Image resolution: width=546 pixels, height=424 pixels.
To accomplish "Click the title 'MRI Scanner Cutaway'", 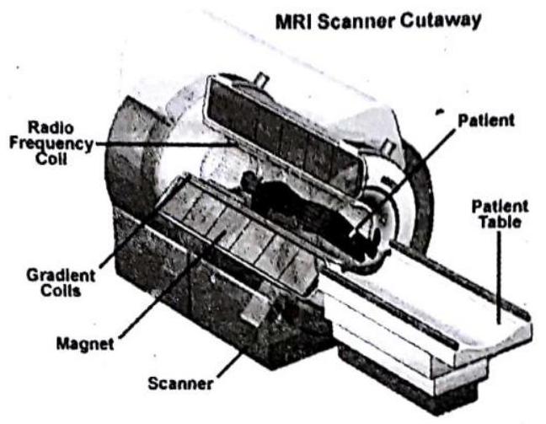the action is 378,22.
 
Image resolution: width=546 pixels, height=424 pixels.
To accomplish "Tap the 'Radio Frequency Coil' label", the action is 51,142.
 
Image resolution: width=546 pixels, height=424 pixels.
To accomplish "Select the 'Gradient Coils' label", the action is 61,283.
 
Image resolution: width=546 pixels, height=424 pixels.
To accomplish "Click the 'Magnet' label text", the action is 85,344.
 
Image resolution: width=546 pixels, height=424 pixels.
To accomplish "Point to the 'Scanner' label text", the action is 180,384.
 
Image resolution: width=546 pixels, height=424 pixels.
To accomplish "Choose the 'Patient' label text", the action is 486,121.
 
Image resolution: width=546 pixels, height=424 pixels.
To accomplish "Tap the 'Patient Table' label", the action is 500,214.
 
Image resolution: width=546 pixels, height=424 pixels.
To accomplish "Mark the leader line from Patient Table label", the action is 499,277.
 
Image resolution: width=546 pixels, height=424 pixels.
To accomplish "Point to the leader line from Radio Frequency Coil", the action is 163,142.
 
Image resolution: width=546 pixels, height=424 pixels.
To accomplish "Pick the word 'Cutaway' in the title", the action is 441,22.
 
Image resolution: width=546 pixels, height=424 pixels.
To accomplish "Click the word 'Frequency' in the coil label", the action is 51,144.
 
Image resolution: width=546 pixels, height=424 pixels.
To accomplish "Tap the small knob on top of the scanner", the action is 261,80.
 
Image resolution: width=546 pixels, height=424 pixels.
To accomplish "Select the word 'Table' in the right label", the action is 500,223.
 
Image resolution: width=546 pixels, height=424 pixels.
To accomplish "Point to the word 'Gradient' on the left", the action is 61,276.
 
